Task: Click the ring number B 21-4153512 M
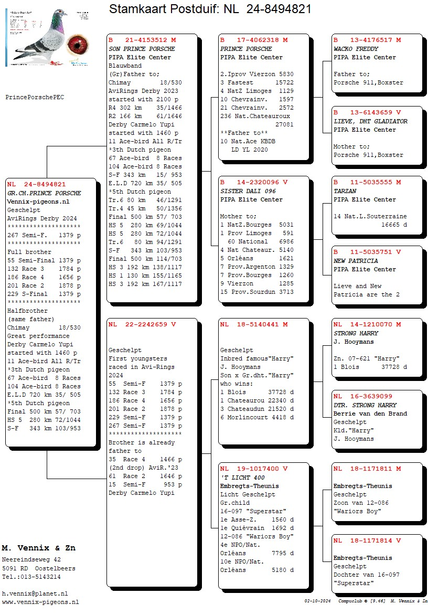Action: click(x=142, y=40)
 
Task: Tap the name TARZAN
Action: click(x=345, y=191)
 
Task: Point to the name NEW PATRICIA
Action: click(x=356, y=261)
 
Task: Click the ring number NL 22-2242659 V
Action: click(x=142, y=324)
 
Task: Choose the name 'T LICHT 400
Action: click(x=242, y=478)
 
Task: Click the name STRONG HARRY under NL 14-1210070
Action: click(x=355, y=333)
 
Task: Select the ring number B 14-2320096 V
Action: click(x=254, y=183)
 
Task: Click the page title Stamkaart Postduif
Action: click(x=163, y=9)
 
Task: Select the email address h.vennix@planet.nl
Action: click(x=35, y=593)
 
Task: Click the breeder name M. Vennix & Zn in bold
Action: click(x=38, y=548)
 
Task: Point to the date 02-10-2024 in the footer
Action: click(x=318, y=601)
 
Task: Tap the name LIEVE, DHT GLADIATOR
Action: click(x=370, y=121)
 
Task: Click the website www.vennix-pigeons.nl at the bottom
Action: click(x=40, y=602)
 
